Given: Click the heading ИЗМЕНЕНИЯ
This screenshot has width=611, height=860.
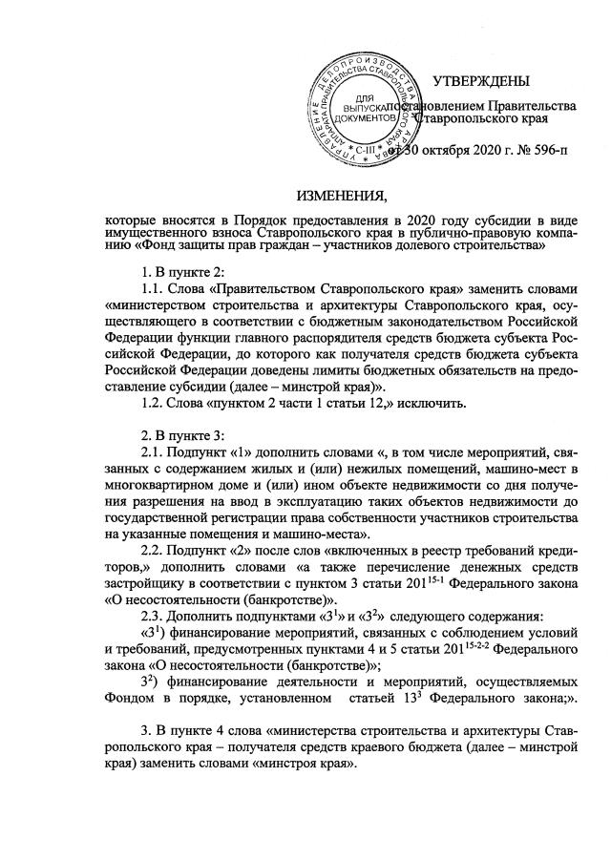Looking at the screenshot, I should pos(335,198).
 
